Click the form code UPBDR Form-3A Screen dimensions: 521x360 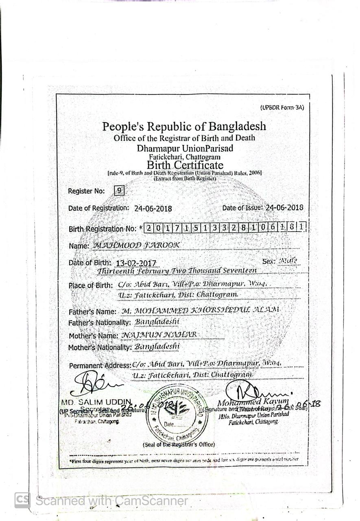pyautogui.click(x=281, y=107)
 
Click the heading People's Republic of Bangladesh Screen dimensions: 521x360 pyautogui.click(x=184, y=126)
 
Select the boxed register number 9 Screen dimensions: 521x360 pyautogui.click(x=119, y=190)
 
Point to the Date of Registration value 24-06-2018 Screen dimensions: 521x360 pyautogui.click(x=153, y=209)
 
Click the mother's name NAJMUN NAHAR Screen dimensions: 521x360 pyautogui.click(x=159, y=335)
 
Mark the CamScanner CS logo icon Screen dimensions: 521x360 pyautogui.click(x=22, y=500)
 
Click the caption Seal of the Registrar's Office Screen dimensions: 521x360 pyautogui.click(x=179, y=444)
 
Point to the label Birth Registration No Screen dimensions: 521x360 pyautogui.click(x=103, y=229)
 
